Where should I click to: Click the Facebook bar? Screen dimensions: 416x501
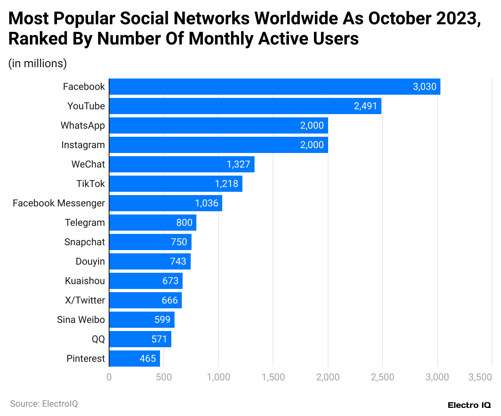click(275, 87)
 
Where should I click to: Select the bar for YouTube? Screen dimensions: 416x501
click(245, 106)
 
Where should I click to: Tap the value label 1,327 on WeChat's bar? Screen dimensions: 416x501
click(238, 164)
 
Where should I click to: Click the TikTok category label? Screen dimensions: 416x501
click(91, 184)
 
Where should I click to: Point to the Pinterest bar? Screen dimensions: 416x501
click(135, 359)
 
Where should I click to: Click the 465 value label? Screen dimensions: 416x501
click(148, 359)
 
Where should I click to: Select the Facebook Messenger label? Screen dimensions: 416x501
click(59, 203)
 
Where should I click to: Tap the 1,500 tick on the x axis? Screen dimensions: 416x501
click(273, 377)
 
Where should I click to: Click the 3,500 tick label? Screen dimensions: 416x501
click(480, 377)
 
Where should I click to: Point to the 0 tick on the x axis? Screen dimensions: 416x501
click(109, 377)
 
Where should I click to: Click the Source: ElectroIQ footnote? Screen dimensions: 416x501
click(44, 403)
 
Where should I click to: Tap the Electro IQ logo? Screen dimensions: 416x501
click(469, 405)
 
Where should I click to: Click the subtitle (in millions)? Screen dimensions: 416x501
click(38, 64)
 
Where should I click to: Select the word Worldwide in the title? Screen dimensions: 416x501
click(297, 19)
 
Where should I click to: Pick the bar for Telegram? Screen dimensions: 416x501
click(153, 223)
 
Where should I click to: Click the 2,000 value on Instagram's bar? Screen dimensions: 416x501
click(312, 145)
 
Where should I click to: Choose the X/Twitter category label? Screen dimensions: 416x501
click(85, 300)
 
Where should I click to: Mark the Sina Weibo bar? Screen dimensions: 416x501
click(142, 320)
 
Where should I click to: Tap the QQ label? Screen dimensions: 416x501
click(98, 339)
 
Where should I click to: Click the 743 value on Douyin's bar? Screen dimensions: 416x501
click(178, 261)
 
